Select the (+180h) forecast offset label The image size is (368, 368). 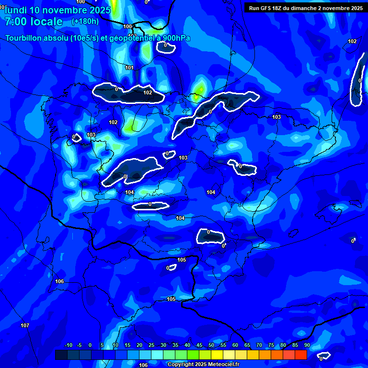[85, 22]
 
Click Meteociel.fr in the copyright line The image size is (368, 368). [222, 365]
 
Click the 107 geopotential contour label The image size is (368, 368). [25, 326]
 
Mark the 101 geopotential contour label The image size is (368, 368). [129, 68]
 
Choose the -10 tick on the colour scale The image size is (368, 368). [68, 345]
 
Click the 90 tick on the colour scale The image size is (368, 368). [307, 345]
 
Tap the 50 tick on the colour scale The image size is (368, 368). [211, 345]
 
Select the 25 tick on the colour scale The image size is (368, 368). [151, 345]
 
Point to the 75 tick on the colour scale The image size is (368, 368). [271, 345]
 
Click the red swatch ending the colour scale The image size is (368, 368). [300, 355]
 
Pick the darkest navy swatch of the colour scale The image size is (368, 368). [61, 355]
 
